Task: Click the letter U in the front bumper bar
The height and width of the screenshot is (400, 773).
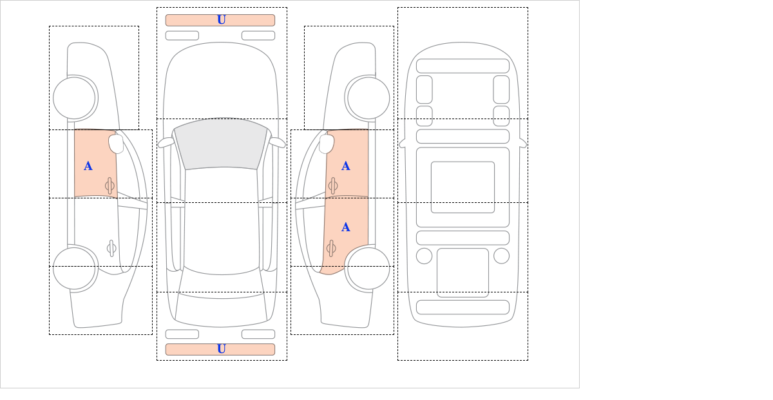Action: [x=222, y=20]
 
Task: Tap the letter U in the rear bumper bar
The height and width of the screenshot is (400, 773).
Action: [x=222, y=349]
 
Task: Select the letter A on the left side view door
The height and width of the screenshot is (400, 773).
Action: [x=88, y=166]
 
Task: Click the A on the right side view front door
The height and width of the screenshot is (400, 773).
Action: [x=346, y=166]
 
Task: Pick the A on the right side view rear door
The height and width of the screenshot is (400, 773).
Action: [x=346, y=227]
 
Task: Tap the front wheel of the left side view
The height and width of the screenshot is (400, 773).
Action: [x=74, y=98]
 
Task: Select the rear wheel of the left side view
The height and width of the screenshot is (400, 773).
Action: [x=74, y=268]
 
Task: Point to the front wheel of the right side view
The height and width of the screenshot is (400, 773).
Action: [x=368, y=98]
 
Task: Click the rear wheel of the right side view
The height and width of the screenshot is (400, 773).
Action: [x=368, y=268]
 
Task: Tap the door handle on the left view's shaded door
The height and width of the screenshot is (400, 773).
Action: [x=110, y=186]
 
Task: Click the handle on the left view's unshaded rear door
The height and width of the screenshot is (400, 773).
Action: [x=111, y=248]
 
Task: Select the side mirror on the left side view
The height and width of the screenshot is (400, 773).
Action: [x=116, y=144]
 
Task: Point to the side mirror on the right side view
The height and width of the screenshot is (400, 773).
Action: [x=327, y=144]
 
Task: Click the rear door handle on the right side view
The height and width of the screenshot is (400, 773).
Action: [x=331, y=248]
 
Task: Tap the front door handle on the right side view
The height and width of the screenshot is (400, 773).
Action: [x=333, y=186]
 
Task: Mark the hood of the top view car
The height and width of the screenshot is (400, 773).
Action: [x=221, y=83]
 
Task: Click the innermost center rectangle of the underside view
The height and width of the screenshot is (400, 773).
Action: [x=463, y=187]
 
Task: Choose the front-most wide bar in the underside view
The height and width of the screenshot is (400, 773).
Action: [x=463, y=66]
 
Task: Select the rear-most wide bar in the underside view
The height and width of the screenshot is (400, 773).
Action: [x=463, y=307]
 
